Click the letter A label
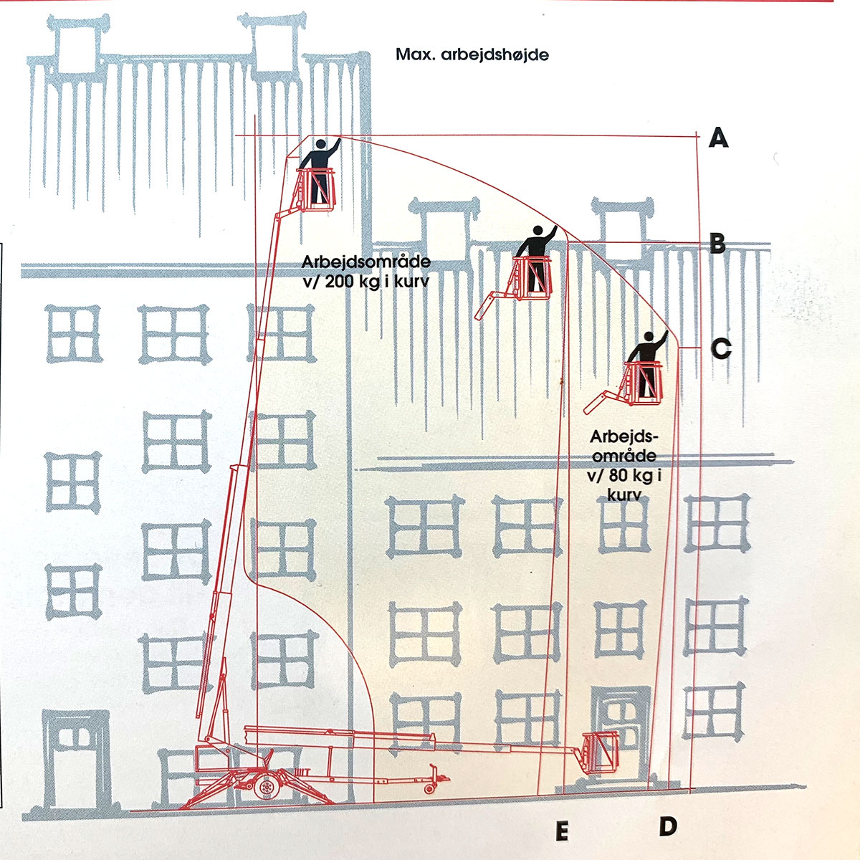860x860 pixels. (719, 136)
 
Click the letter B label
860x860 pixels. (717, 244)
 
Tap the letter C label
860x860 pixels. (720, 349)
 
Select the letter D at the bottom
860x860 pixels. (668, 826)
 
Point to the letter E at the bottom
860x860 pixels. (562, 831)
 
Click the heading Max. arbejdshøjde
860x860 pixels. (472, 54)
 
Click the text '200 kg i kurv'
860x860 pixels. (376, 282)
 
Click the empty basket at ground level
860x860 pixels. (599, 752)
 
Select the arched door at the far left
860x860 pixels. (75, 760)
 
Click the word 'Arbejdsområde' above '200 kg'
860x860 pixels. (365, 262)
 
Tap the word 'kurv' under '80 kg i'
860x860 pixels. (623, 494)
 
